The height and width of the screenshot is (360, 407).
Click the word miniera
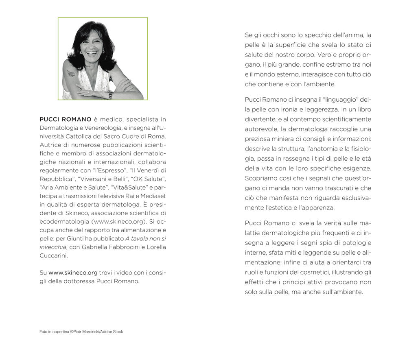283,138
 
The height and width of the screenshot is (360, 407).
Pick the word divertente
260,119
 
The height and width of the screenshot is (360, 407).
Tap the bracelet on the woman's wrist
109,94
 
